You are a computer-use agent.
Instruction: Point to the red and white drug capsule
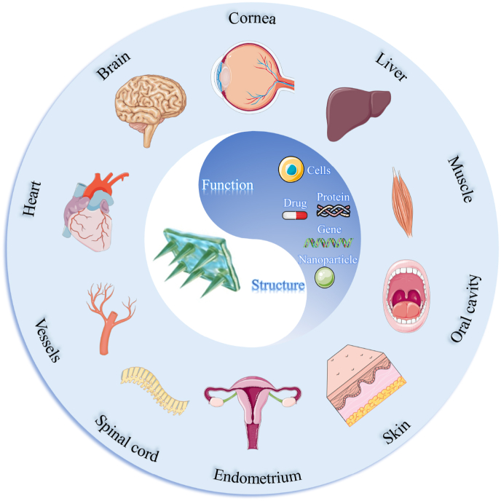[x=295, y=216]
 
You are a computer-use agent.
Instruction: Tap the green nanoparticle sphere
[x=324, y=277]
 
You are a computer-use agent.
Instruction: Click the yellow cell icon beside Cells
[x=290, y=170]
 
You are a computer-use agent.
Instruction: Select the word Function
[x=227, y=186]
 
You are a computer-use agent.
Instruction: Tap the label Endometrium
[x=257, y=477]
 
